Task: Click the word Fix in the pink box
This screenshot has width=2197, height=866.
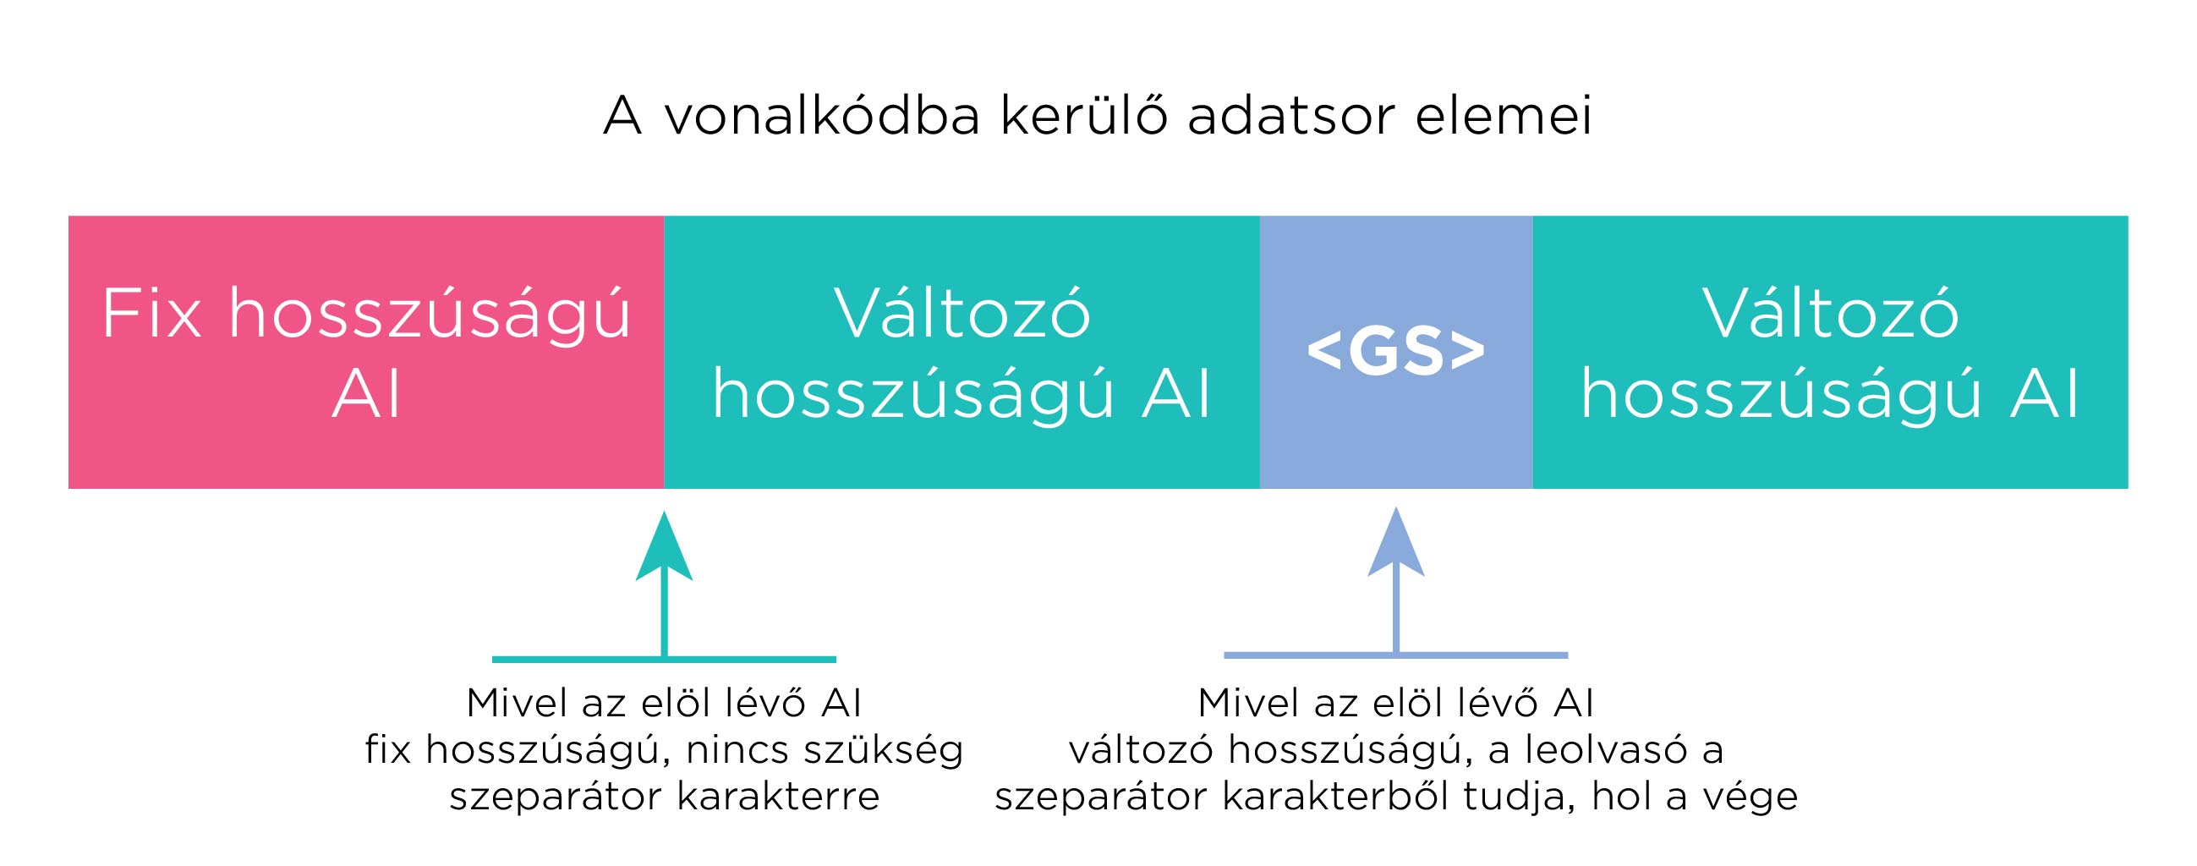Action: (x=152, y=314)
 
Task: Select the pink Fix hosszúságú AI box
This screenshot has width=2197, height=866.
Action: (x=366, y=353)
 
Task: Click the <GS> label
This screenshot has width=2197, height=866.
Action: (x=1396, y=352)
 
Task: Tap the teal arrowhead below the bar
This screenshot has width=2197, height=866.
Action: (x=664, y=547)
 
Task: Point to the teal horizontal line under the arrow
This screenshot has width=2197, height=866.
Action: (x=664, y=660)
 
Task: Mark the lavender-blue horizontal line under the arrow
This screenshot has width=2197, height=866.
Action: (x=1396, y=655)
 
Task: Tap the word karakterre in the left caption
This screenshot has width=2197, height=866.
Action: (x=778, y=797)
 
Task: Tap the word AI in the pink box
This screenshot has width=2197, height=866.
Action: (x=366, y=395)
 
